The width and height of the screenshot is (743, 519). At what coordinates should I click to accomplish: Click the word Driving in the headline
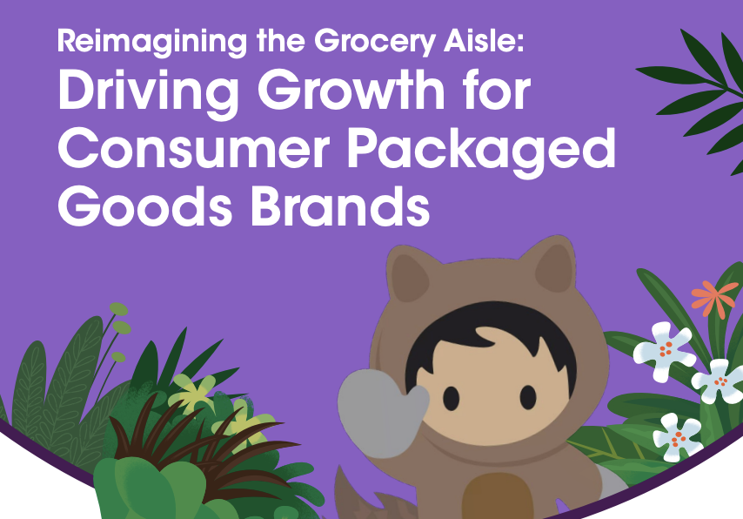148,93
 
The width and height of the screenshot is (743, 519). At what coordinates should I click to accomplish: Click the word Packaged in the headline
481,152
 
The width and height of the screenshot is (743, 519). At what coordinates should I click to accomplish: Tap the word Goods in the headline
145,206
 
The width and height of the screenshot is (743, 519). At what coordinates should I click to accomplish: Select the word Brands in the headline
340,206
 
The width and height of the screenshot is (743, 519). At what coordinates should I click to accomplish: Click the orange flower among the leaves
713,297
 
